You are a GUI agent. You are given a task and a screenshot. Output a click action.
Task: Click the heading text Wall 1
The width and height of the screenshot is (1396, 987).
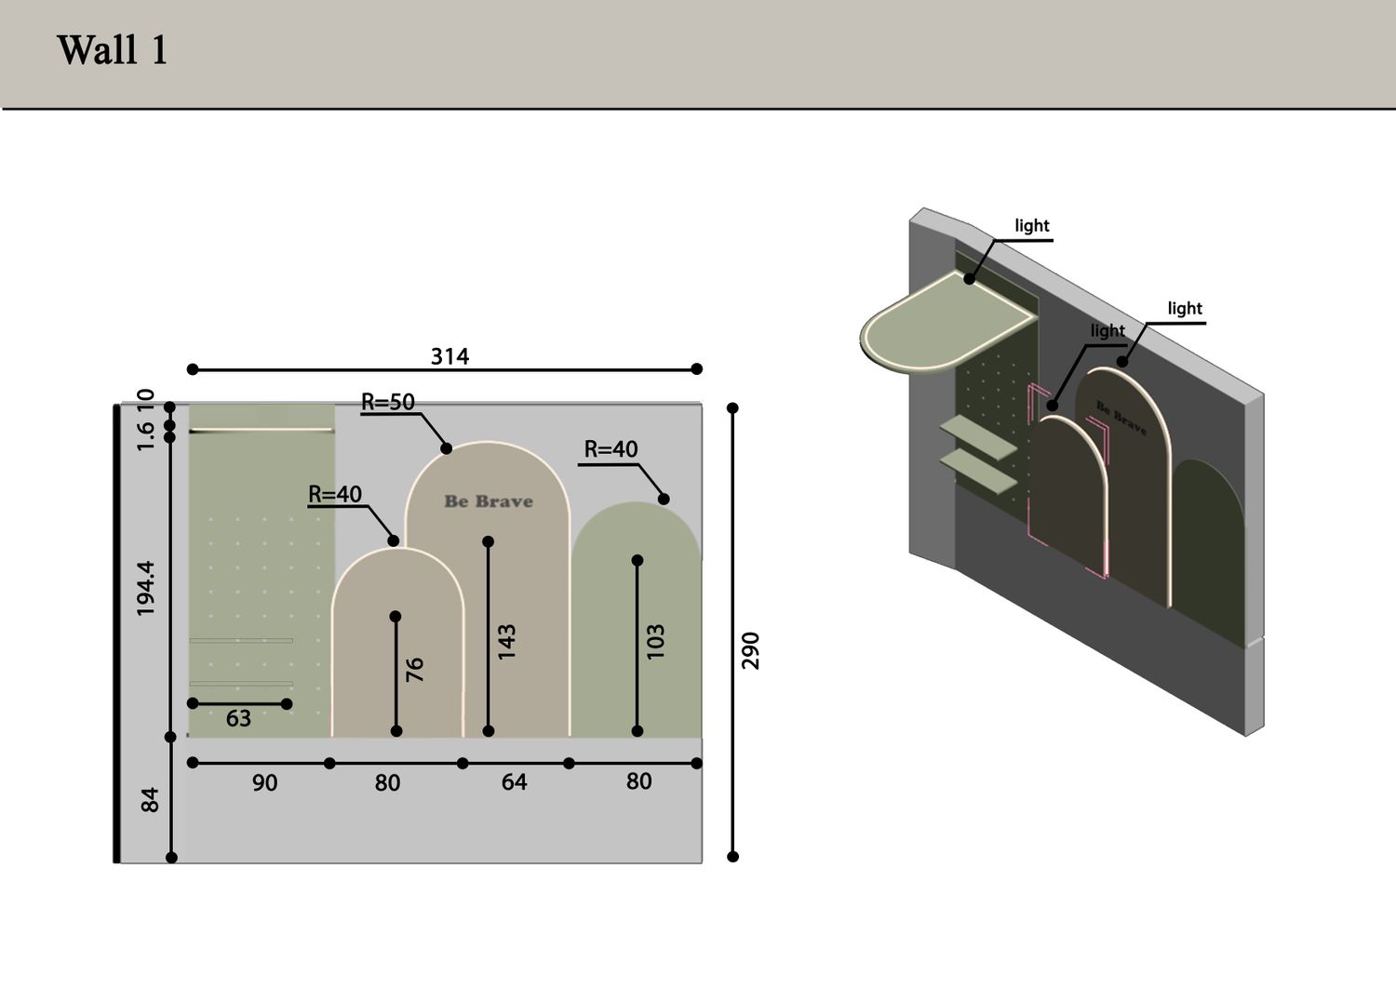[113, 50]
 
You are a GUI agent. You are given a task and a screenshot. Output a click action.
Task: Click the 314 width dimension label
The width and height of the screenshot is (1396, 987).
[450, 356]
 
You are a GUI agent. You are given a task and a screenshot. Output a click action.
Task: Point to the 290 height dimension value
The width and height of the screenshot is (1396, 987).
[750, 650]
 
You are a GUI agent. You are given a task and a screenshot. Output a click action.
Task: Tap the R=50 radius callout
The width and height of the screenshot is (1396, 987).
[388, 402]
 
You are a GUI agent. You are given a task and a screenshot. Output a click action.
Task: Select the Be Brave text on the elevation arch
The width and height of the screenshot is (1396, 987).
[489, 501]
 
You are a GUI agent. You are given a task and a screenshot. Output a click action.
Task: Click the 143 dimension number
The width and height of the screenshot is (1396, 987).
[506, 641]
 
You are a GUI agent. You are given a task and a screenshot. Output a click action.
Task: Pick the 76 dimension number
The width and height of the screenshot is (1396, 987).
[414, 669]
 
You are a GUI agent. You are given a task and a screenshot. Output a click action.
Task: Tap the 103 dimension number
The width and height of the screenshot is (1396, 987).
[655, 641]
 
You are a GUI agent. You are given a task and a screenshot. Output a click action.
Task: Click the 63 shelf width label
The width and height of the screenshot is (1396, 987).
[238, 718]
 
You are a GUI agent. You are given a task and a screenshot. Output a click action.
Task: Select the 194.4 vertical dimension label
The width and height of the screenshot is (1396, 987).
[146, 588]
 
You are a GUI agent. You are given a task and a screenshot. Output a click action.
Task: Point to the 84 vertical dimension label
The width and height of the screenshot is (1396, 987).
[150, 800]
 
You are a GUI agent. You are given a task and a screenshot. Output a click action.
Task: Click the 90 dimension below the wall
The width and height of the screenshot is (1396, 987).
[265, 782]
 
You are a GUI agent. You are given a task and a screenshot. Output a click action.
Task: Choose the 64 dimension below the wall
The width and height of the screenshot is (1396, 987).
[514, 782]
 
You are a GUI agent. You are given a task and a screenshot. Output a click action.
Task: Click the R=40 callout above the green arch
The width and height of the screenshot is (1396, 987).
[611, 448]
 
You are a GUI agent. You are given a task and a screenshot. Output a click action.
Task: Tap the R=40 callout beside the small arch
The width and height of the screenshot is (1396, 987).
[335, 494]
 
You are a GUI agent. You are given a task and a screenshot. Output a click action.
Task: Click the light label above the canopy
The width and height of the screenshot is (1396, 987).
[1032, 225]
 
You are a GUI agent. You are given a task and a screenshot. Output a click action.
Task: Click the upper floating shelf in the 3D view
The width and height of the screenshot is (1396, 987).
[978, 437]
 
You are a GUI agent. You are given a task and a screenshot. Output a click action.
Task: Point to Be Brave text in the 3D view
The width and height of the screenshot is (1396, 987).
[1121, 418]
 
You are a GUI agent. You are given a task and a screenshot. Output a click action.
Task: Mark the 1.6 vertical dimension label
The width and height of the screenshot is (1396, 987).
[144, 436]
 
